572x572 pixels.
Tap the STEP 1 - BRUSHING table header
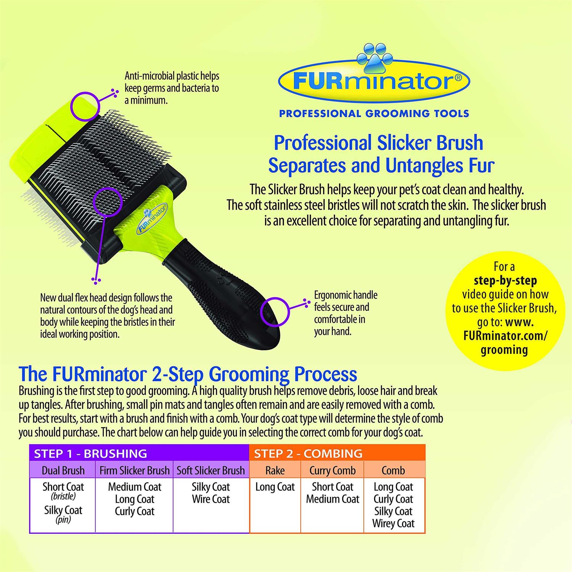(x=90, y=453)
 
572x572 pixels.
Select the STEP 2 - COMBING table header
(x=308, y=453)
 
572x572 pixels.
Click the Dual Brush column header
(x=63, y=471)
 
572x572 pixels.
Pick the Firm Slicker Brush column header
(x=134, y=471)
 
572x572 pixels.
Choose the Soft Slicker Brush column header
(x=210, y=471)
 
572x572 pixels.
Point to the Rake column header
(x=275, y=471)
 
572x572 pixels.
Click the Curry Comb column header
(x=333, y=471)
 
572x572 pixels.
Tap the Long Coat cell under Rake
(x=275, y=487)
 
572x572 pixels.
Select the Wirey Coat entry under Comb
(x=393, y=524)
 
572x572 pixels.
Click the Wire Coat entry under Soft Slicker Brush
(x=211, y=499)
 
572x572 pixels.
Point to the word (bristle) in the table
(x=63, y=496)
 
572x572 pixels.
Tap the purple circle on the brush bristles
(x=108, y=201)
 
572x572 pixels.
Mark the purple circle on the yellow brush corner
(x=85, y=106)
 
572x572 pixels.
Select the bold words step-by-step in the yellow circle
(x=505, y=281)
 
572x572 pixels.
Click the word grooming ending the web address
(x=504, y=350)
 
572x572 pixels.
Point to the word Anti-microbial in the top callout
(x=149, y=76)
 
